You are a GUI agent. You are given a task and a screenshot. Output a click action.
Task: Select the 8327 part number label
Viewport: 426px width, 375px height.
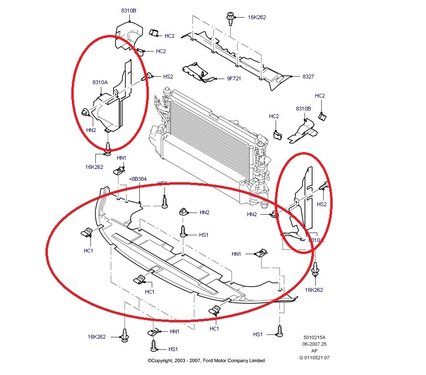[308, 77]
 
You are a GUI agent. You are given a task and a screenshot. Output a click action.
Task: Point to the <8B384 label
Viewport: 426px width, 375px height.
[138, 180]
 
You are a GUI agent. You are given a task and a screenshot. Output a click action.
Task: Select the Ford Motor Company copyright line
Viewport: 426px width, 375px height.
[206, 361]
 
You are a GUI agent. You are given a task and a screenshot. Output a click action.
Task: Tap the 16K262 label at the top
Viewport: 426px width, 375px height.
[257, 17]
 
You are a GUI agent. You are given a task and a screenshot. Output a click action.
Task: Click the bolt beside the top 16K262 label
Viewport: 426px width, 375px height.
[230, 19]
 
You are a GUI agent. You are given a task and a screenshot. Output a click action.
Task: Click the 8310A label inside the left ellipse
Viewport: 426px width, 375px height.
[101, 82]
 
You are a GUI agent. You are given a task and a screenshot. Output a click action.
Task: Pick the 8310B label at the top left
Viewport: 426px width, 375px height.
[128, 10]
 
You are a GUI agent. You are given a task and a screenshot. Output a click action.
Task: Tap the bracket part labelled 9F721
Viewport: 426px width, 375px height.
[199, 72]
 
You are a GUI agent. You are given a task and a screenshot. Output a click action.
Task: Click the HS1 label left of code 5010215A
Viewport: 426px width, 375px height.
[258, 334]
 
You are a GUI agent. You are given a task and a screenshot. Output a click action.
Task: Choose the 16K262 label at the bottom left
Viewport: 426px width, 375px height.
[96, 337]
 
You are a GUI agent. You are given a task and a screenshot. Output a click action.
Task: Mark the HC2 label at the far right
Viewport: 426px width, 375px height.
[320, 96]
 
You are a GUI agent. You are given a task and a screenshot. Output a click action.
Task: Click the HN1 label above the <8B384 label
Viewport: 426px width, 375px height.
[122, 158]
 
